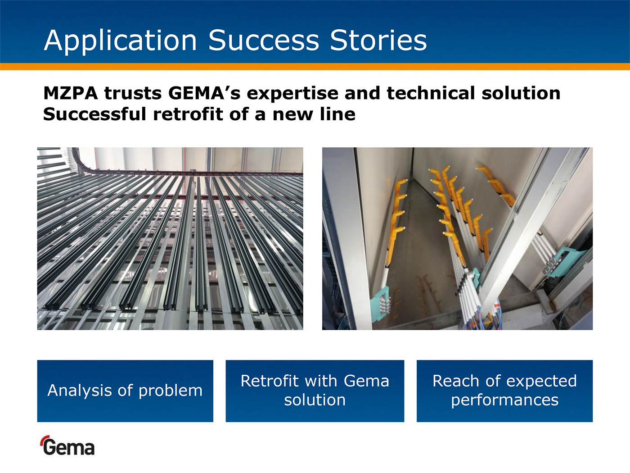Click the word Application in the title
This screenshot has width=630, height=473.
(120, 41)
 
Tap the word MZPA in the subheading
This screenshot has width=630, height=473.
(71, 93)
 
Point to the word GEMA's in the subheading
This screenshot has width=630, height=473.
(204, 93)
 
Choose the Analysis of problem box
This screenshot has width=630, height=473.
(125, 391)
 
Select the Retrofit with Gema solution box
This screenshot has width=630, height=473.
(315, 391)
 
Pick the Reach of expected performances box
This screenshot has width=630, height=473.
(504, 391)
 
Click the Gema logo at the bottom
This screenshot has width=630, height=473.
(67, 446)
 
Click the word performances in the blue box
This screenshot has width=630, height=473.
(504, 400)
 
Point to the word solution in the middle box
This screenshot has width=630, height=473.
(315, 400)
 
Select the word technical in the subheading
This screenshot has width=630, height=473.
(431, 93)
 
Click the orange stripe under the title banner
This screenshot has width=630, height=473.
(315, 67)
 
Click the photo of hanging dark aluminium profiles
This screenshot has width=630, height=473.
(170, 239)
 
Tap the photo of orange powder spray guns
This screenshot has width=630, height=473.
(457, 239)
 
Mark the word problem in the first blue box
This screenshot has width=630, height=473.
(171, 391)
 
